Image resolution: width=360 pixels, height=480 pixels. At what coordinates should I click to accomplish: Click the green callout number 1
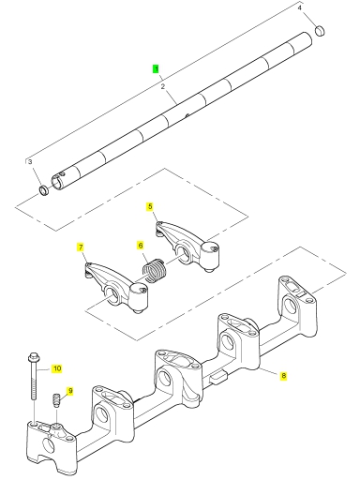click(x=156, y=68)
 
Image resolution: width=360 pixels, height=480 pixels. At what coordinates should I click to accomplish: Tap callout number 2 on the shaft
click(x=163, y=87)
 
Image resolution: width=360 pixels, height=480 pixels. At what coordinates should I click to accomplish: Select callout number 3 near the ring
click(x=30, y=162)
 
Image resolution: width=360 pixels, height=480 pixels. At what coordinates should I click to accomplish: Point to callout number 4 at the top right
click(x=299, y=7)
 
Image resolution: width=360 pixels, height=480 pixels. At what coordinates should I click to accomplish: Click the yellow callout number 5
click(x=150, y=206)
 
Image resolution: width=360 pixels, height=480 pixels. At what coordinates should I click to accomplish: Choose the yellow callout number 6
click(x=141, y=246)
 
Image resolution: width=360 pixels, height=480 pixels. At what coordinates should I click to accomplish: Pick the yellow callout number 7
click(x=81, y=247)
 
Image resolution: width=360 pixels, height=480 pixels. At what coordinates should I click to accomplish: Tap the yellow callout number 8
click(x=283, y=375)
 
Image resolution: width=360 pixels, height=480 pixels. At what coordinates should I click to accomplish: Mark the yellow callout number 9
click(x=70, y=391)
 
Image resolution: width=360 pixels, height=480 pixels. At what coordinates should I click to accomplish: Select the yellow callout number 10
click(x=57, y=368)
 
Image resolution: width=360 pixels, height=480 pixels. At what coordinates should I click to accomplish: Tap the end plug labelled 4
click(x=320, y=30)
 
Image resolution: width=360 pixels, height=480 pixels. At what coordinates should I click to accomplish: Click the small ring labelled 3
click(x=44, y=190)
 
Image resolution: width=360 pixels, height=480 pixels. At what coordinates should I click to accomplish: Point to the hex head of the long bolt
click(x=33, y=356)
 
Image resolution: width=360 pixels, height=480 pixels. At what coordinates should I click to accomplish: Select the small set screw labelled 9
click(x=55, y=400)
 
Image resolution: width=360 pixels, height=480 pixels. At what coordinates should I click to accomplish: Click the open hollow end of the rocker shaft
click(x=57, y=182)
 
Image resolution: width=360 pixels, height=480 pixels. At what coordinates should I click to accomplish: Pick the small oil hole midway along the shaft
click(x=187, y=115)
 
